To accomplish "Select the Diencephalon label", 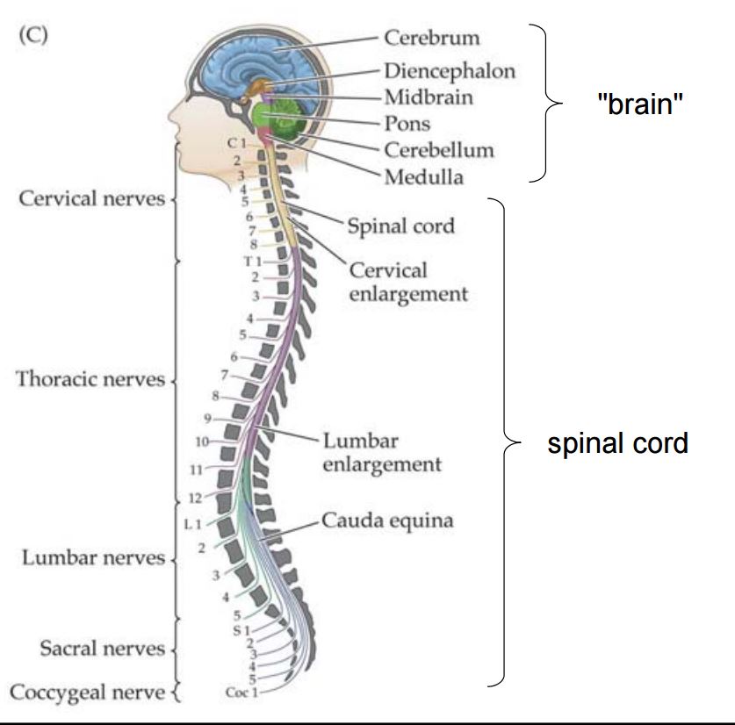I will [449, 70].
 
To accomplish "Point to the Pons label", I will [407, 123].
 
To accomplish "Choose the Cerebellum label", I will [438, 149].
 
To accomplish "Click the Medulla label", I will [423, 176].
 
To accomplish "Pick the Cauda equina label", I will [387, 520].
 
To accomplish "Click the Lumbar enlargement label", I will [381, 451].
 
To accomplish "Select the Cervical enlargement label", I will [408, 282].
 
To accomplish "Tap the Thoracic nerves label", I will [90, 380].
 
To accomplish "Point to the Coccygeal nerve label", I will [87, 693].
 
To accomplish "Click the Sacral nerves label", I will [102, 649].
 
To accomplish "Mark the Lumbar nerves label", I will [93, 558].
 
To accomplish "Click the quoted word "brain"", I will [639, 104].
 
